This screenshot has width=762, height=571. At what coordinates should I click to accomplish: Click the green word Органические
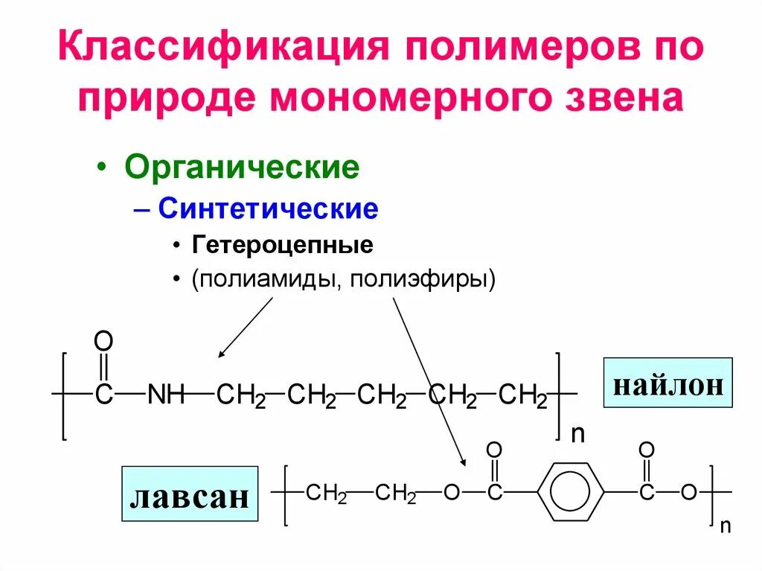coord(242,168)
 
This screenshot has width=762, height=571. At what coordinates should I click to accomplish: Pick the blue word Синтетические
coord(268,208)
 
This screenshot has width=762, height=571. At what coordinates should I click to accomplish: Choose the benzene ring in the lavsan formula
coord(571,493)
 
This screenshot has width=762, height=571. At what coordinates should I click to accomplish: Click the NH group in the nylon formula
coord(166,395)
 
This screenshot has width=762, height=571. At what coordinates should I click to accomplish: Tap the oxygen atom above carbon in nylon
coord(103,343)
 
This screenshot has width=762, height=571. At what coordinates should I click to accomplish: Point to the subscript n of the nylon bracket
coord(577,434)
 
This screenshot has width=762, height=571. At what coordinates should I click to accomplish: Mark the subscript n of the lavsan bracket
coord(725,526)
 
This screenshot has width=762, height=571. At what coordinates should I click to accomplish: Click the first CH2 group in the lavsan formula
coord(327,493)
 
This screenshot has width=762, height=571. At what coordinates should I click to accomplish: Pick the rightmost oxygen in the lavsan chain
coord(688,493)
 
